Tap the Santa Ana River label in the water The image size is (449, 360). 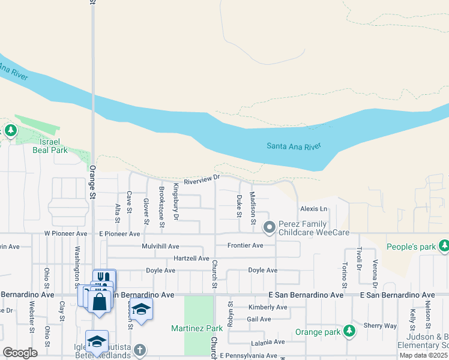(294, 146)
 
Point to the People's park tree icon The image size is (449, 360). (444, 246)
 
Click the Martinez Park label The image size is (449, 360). (197, 328)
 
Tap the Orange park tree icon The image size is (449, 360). (349, 331)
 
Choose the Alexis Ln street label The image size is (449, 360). (314, 209)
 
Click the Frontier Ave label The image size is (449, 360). (245, 245)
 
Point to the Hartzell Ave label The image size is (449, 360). (191, 259)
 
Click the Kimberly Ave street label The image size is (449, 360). (267, 307)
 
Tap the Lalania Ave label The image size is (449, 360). (268, 342)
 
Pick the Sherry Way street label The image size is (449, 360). (380, 326)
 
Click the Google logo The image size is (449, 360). (20, 353)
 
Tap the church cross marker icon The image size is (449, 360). (140, 349)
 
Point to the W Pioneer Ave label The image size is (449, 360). (66, 233)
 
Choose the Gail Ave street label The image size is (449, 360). (259, 319)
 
